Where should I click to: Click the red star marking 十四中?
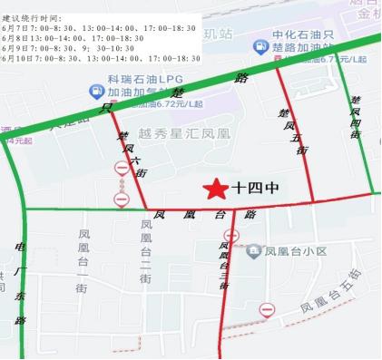point(215,189)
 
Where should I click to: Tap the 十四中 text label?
point(255,190)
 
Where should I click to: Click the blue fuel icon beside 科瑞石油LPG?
point(95,92)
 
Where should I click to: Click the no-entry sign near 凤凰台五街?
point(267,310)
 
